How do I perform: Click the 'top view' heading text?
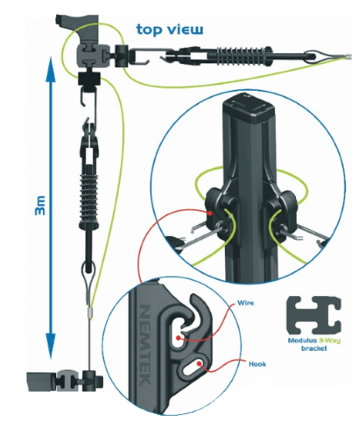169,30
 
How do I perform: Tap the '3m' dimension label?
41,206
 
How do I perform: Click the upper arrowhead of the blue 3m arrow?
51,69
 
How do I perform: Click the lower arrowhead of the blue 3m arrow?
50,346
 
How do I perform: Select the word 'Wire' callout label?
245,303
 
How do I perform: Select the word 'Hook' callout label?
257,364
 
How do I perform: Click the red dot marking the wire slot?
178,338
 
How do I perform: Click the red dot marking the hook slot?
199,363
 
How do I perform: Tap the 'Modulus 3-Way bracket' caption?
314,345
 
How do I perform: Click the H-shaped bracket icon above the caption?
314,315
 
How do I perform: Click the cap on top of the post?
248,107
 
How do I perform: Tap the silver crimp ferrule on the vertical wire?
91,313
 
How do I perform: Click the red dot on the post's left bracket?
210,213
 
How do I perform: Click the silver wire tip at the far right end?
348,57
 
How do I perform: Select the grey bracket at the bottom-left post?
65,380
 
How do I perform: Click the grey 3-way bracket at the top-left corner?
89,56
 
